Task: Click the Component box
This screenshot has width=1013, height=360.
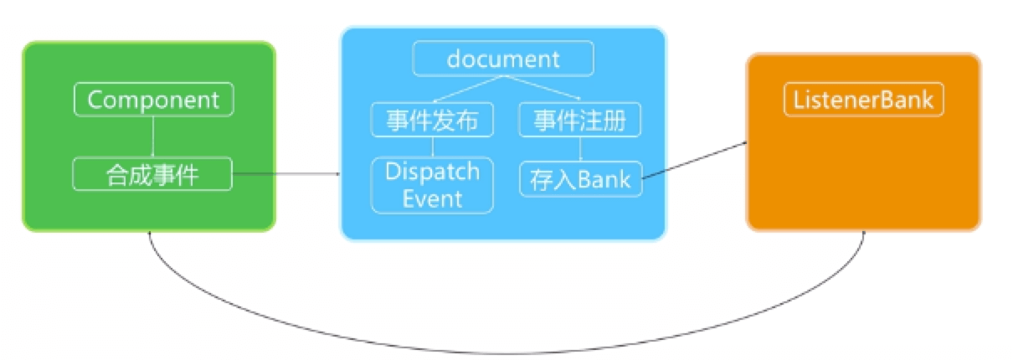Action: [x=153, y=100]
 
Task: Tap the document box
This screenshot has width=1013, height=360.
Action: [x=502, y=59]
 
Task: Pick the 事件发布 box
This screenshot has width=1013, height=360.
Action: [x=432, y=121]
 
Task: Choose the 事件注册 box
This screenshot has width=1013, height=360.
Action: [x=580, y=121]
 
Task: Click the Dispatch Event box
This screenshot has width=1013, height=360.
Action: [x=432, y=185]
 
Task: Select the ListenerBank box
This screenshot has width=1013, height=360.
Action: [x=864, y=100]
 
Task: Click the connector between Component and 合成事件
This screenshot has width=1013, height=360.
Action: [x=153, y=137]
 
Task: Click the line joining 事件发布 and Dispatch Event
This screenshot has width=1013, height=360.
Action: [x=432, y=147]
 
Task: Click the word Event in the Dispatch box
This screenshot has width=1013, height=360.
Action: [x=432, y=198]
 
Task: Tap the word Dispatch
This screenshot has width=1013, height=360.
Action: [x=432, y=172]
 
